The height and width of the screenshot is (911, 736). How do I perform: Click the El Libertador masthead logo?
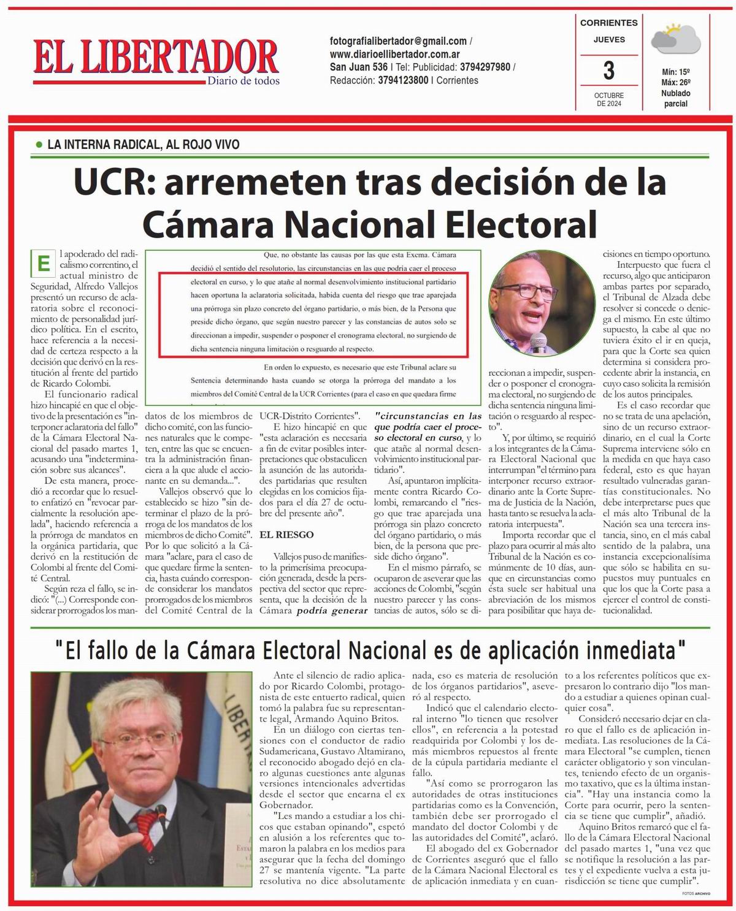coord(156,56)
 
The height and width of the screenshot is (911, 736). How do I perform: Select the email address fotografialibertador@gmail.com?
coord(398,41)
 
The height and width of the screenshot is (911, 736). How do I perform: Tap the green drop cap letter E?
coord(43,264)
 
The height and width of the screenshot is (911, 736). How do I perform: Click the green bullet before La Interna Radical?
coord(39,145)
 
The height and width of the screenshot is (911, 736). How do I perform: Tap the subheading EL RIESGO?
coord(286,535)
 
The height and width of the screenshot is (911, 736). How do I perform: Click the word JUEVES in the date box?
coord(609,40)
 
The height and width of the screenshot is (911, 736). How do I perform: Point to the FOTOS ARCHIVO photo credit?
coord(696,894)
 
